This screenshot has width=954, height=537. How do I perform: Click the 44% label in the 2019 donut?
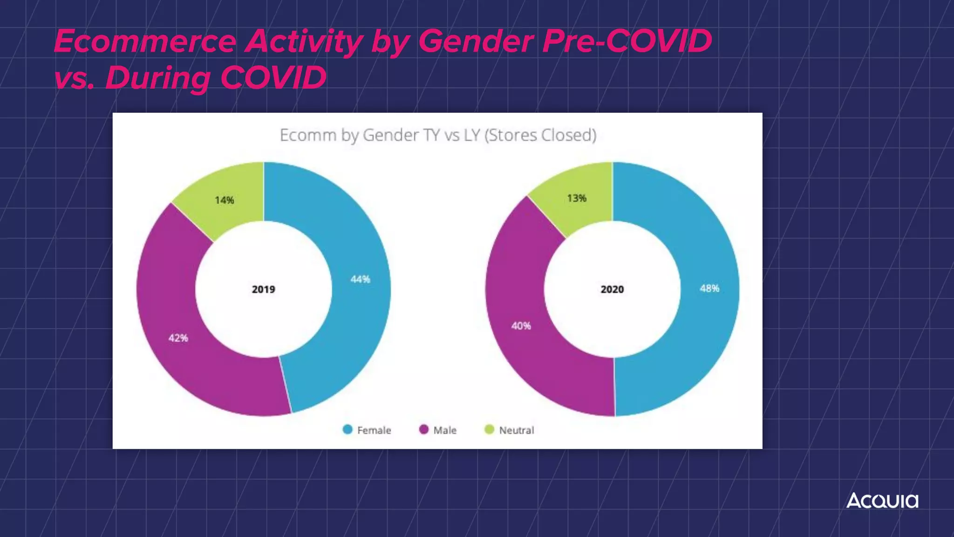pos(360,279)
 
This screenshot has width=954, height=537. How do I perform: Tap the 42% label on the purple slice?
pos(178,338)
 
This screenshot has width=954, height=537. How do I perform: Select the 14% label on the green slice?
pos(224,200)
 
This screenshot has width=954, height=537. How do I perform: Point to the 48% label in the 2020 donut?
pos(709,289)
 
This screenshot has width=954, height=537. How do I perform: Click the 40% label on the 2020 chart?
pos(521,326)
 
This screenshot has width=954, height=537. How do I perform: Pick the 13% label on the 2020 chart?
pos(576,199)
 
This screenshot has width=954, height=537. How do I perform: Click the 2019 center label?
pos(263,289)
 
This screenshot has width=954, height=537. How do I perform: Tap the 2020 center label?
pos(612,289)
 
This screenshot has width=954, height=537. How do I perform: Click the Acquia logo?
pos(882,501)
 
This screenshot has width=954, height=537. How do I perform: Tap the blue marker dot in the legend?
pos(348,429)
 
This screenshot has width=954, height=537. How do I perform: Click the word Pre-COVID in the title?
pos(627,42)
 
